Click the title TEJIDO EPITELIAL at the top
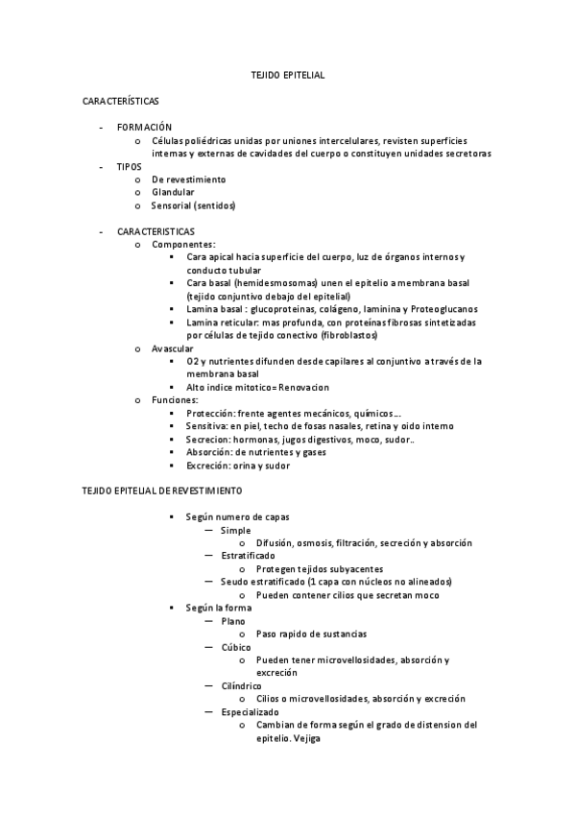point(287,74)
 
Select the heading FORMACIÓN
point(144,127)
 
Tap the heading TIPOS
point(130,166)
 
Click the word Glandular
point(173,192)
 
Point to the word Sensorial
point(171,205)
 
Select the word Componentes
point(183,245)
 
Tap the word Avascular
point(173,347)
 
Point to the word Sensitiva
point(208,426)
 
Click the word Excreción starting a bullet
point(208,466)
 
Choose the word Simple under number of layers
point(235,530)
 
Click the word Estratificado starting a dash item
point(248,556)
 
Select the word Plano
point(233,621)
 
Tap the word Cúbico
point(236,647)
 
